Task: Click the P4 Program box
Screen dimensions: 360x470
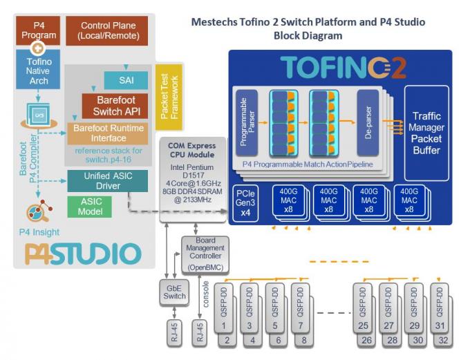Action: (39, 30)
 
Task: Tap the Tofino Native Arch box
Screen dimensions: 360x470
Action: (39, 70)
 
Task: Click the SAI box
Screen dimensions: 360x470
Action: (126, 79)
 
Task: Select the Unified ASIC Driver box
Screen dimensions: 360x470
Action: (106, 180)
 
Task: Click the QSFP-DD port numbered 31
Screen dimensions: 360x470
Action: (438, 305)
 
